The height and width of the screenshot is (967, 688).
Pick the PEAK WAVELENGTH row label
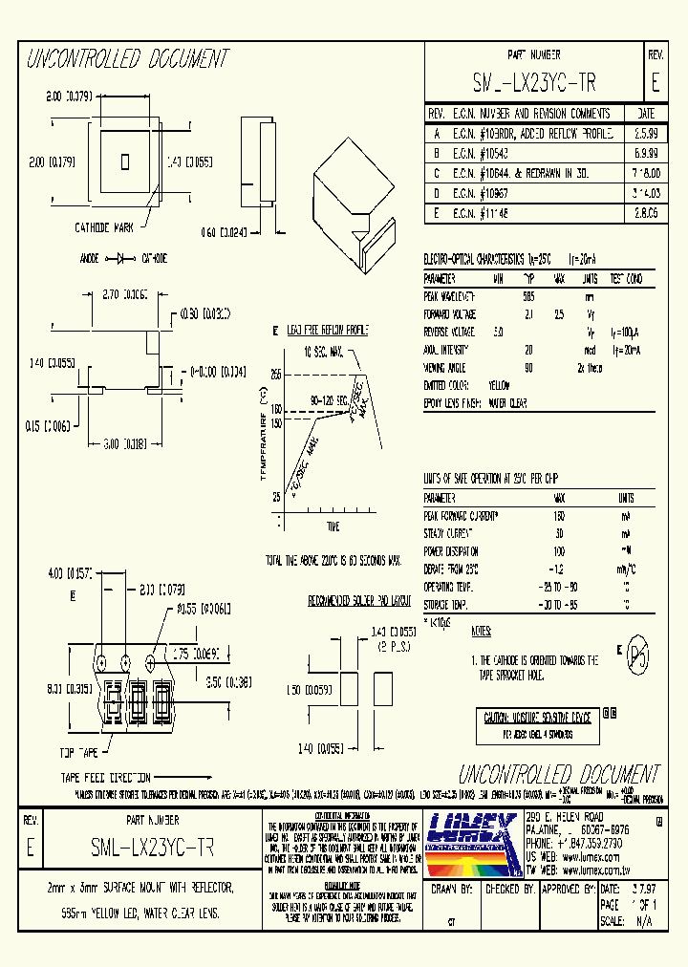449,296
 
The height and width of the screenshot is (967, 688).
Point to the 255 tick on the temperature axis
275,374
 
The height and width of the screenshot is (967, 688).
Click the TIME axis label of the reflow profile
333,526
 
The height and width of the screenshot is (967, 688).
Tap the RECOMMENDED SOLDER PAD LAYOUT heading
358,601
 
